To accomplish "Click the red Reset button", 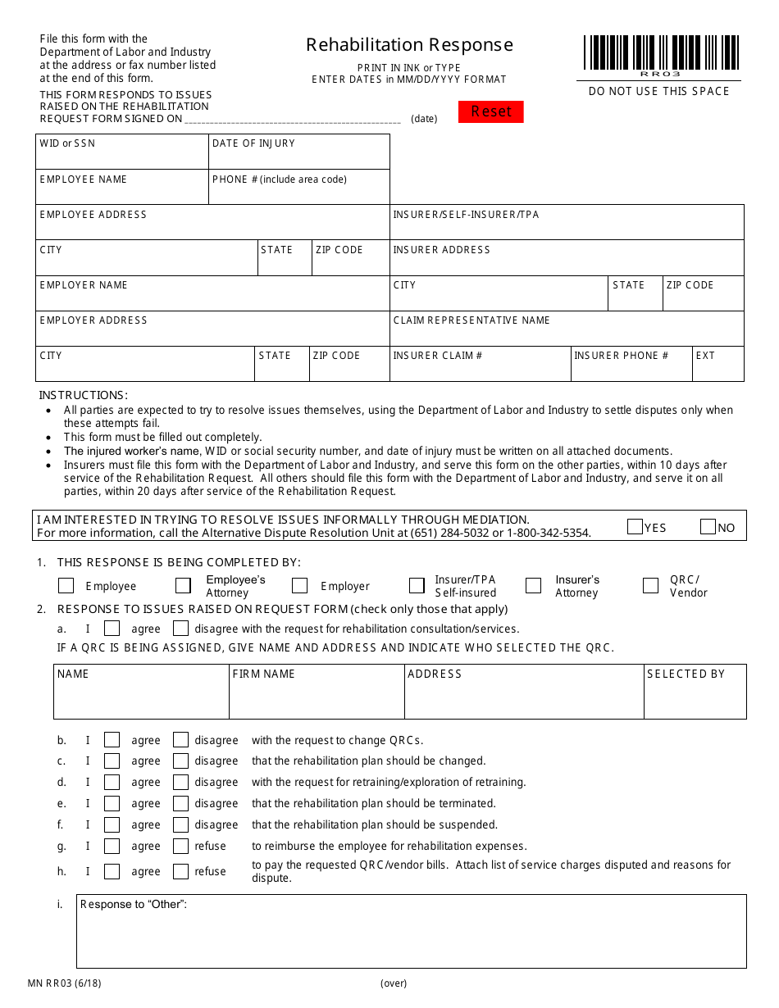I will (490, 111).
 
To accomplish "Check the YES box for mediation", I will (635, 527).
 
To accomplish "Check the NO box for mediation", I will (708, 527).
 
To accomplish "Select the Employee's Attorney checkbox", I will (183, 586).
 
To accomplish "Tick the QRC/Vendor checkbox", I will (650, 586).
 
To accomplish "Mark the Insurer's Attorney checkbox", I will (533, 586).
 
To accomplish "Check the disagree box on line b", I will (180, 740).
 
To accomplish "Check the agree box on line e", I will (112, 804).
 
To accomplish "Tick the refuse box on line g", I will (180, 847).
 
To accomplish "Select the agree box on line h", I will (112, 872).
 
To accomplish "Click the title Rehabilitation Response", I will (409, 45).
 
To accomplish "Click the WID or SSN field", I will (121, 157).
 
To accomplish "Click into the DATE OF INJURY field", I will (299, 157).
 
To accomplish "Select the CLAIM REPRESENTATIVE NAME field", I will (567, 333).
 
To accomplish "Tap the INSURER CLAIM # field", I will (480, 368).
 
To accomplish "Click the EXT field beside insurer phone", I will (717, 368).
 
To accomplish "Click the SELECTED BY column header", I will (686, 674).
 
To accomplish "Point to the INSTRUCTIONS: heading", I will (84, 395).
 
